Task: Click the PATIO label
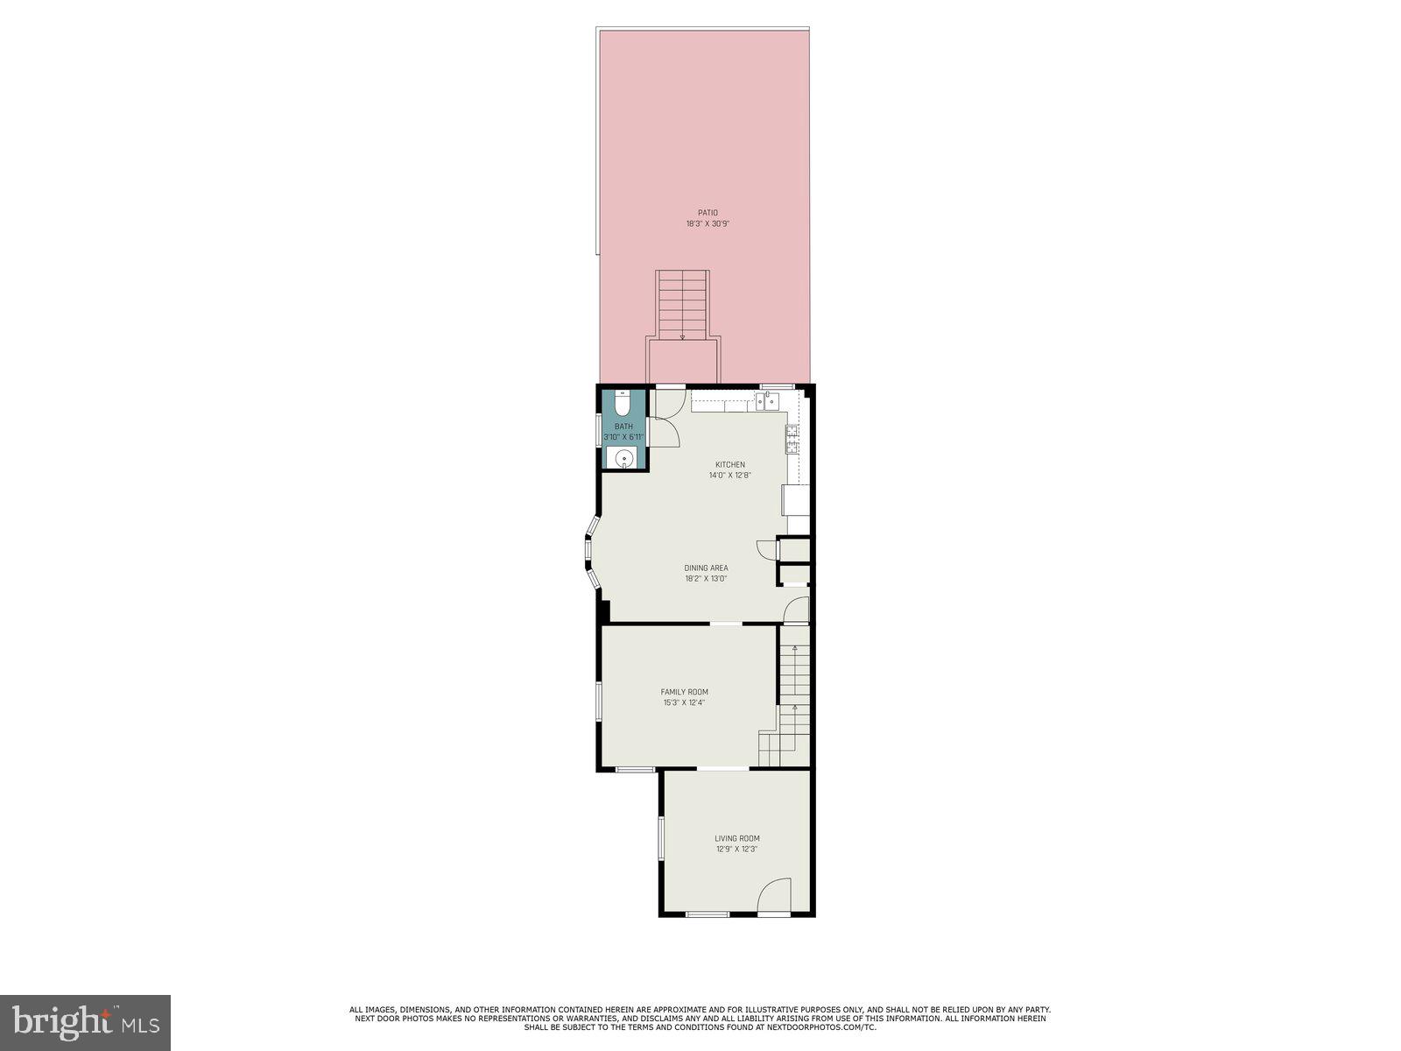pos(708,213)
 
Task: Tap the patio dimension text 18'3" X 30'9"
pos(708,224)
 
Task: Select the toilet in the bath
pos(623,406)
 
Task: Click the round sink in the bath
pos(623,458)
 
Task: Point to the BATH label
pos(623,427)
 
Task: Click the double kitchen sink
pos(767,401)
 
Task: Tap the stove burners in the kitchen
pos(792,438)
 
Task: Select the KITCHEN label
pos(730,464)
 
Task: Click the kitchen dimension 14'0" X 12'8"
pos(730,476)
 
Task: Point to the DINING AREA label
pos(706,568)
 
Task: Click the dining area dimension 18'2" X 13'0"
pos(706,579)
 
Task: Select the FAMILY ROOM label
pos(684,692)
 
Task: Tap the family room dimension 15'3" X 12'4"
pos(684,702)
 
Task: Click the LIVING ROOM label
pos(736,838)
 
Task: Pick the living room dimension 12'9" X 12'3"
pos(736,849)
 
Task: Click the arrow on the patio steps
pos(682,336)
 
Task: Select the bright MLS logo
pos(85,1022)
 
